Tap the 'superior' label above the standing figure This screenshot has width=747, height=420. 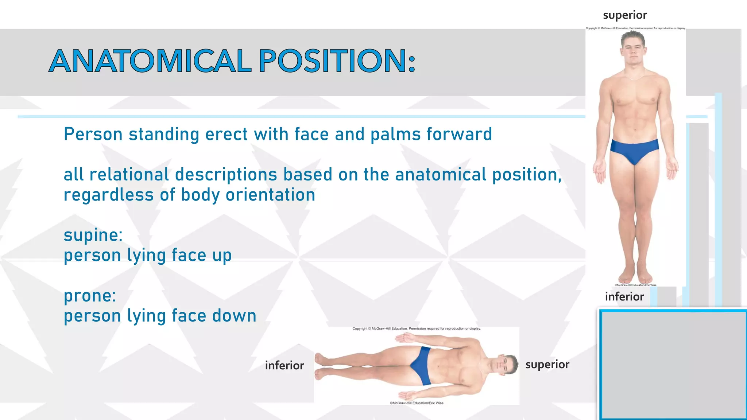(x=625, y=15)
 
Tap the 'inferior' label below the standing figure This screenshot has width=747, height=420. (x=624, y=296)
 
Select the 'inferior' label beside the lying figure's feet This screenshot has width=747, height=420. (x=285, y=365)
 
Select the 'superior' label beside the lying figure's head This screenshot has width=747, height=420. (x=547, y=364)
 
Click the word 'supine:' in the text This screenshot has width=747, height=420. (x=93, y=235)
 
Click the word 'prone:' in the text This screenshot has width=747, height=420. (x=90, y=296)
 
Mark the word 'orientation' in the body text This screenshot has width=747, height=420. (x=270, y=195)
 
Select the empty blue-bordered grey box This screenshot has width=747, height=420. (x=673, y=365)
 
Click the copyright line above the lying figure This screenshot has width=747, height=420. (x=417, y=328)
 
